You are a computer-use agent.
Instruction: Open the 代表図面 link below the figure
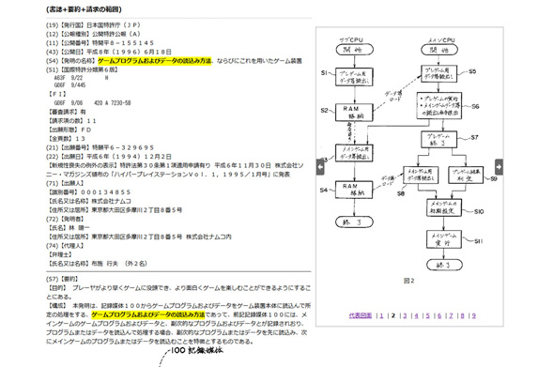tap(360, 316)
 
